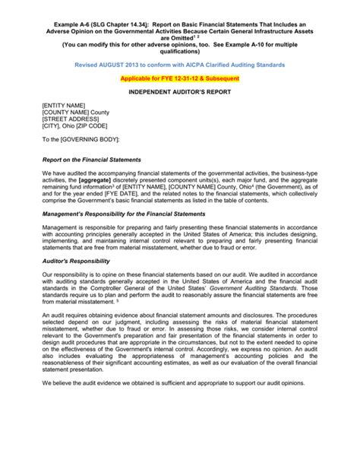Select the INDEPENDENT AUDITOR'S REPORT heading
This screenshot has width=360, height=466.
pyautogui.click(x=179, y=93)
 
